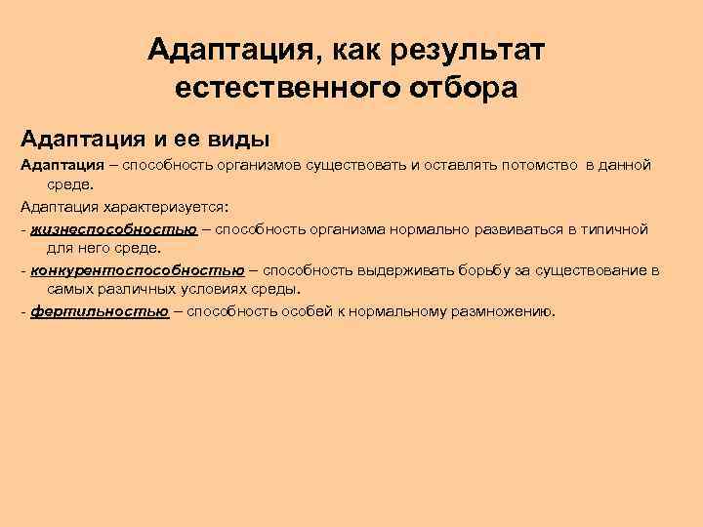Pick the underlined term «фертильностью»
pyautogui.click(x=100, y=312)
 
